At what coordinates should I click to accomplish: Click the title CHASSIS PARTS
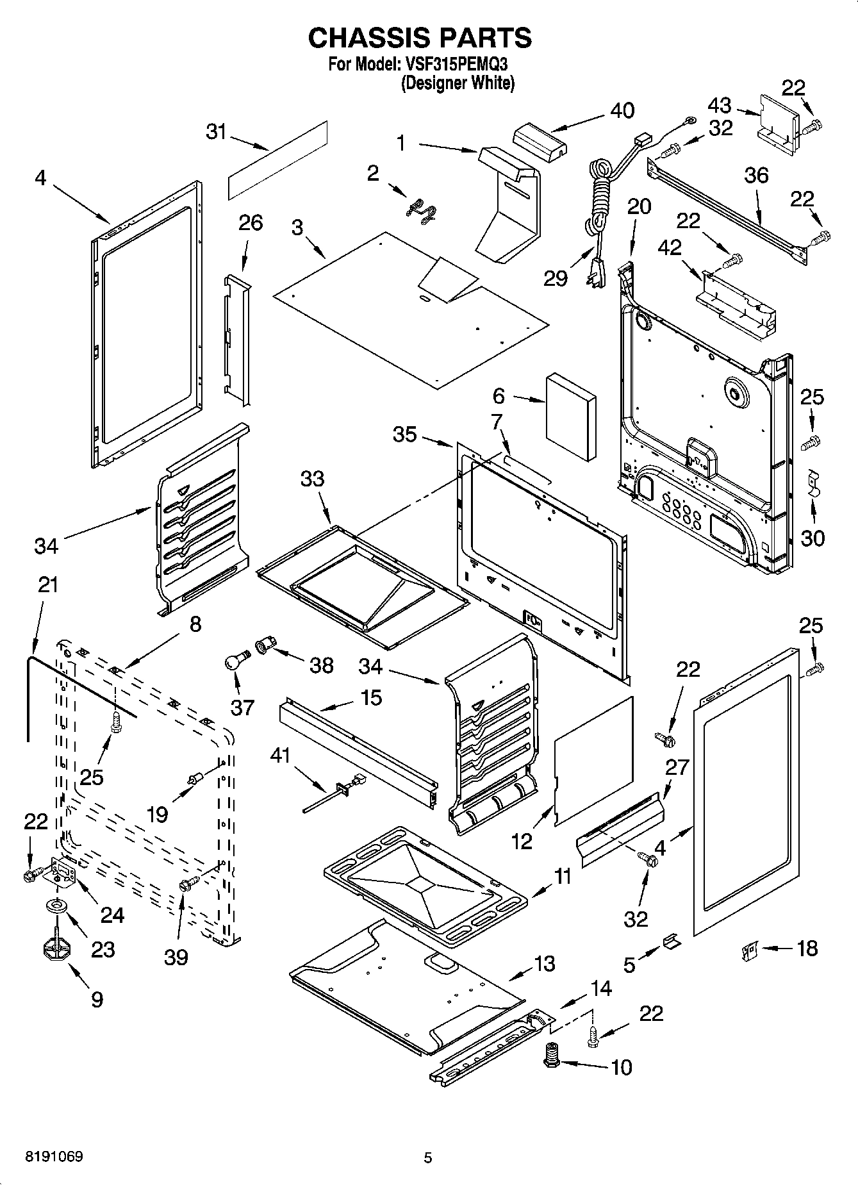click(420, 38)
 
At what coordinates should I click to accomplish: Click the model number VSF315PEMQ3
click(457, 65)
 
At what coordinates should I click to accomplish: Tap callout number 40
click(622, 110)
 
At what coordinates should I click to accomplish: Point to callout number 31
click(216, 132)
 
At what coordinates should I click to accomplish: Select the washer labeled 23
click(58, 906)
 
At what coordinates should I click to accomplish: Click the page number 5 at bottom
click(428, 1157)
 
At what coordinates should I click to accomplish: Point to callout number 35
click(404, 435)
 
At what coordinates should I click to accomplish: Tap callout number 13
click(544, 963)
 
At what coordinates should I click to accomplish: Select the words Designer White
click(458, 83)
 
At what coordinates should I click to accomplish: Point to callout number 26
click(250, 223)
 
